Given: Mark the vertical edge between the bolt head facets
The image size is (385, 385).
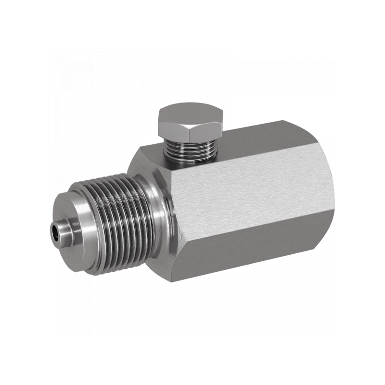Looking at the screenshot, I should click(190, 128).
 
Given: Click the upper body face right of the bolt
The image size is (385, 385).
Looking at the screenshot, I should click(269, 140).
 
